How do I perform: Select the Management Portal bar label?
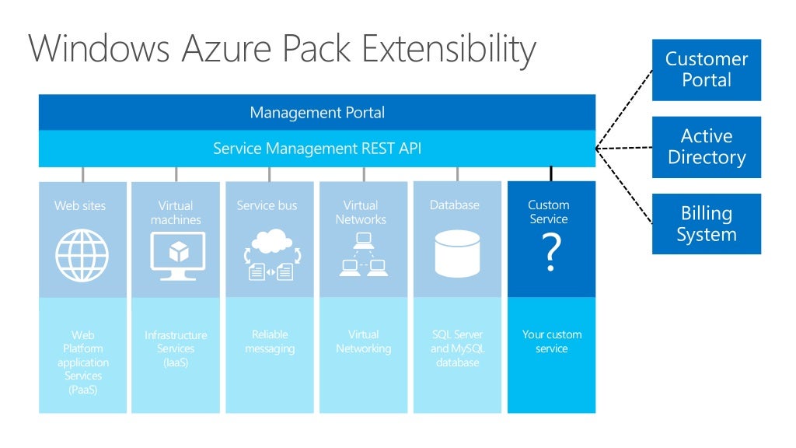(x=317, y=112)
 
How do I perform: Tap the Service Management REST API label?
(x=317, y=148)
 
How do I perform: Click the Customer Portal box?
(x=706, y=70)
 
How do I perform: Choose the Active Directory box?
(x=706, y=147)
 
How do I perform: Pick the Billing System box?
(x=706, y=224)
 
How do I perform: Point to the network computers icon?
(x=363, y=256)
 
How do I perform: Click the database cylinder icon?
(x=457, y=254)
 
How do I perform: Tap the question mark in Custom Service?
(x=550, y=254)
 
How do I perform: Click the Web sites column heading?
(x=80, y=206)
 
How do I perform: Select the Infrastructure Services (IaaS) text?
(x=176, y=348)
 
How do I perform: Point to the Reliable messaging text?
(x=270, y=341)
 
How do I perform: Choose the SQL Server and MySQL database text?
(x=457, y=348)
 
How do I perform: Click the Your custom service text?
(x=551, y=341)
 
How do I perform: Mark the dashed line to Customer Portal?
(x=624, y=107)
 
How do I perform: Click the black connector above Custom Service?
(x=551, y=174)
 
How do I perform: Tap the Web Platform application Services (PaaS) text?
(x=83, y=362)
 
